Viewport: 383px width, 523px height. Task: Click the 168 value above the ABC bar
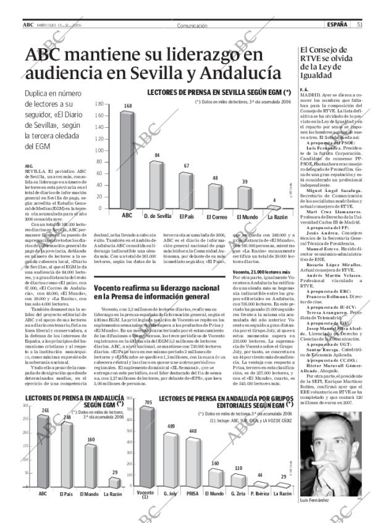[127, 106]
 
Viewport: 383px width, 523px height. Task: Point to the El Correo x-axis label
[216, 217]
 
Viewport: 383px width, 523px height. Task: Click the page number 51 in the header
[359, 25]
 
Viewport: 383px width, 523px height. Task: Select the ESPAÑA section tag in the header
[337, 25]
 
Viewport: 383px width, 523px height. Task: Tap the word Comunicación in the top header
[192, 25]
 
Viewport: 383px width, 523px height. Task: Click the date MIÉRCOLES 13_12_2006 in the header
[59, 25]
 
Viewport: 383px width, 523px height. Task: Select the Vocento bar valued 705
[146, 457]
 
